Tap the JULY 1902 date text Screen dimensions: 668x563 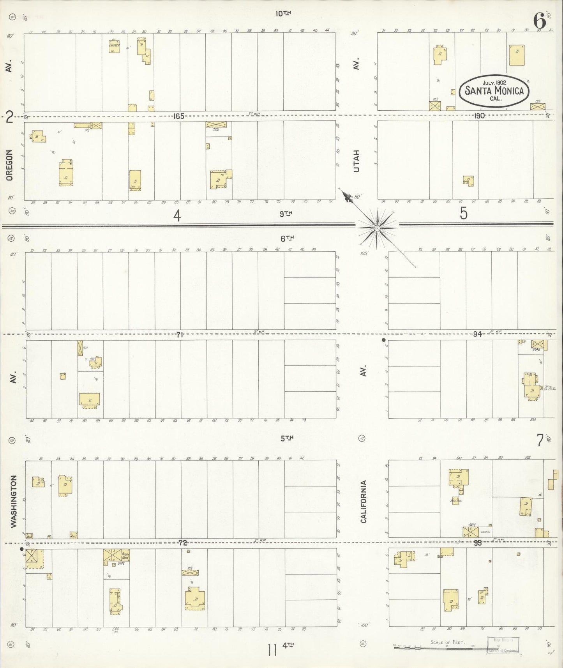(x=494, y=83)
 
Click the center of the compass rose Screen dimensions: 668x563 (x=377, y=227)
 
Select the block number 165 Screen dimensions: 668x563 (x=179, y=116)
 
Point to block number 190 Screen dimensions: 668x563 (x=479, y=116)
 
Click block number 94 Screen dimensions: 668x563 (x=477, y=334)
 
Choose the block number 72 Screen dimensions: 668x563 (x=183, y=543)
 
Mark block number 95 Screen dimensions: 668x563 (x=478, y=543)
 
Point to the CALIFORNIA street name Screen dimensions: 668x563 (x=364, y=501)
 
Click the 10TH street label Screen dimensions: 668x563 (x=283, y=14)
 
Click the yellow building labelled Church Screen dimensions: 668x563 (x=114, y=47)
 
